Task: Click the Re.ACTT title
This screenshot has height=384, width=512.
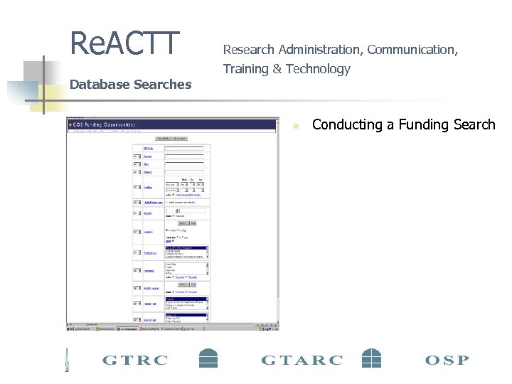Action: (x=125, y=43)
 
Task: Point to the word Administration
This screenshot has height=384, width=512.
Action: (x=320, y=50)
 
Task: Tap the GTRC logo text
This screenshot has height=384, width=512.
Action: (x=135, y=360)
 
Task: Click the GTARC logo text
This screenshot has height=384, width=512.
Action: (x=301, y=360)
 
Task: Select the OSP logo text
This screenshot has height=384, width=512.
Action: (x=447, y=360)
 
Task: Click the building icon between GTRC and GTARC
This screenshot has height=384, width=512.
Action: (x=208, y=358)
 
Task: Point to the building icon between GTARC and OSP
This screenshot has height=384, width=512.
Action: (x=372, y=358)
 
